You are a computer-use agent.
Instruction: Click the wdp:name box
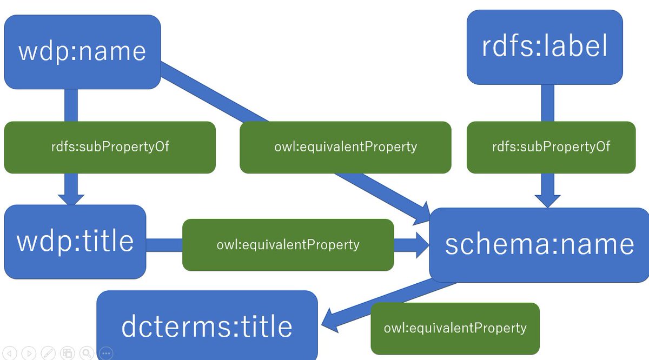(82, 52)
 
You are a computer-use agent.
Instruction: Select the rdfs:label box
(545, 47)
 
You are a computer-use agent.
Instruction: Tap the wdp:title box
(75, 242)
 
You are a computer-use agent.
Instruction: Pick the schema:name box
(539, 244)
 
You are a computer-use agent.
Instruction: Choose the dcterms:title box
(207, 326)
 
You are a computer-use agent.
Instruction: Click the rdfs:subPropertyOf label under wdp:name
(110, 147)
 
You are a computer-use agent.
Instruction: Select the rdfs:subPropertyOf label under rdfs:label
(551, 147)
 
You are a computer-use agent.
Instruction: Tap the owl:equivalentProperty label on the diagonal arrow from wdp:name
(345, 147)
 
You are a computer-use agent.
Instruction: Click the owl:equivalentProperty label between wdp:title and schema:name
(288, 245)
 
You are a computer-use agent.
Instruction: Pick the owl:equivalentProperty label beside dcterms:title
(455, 328)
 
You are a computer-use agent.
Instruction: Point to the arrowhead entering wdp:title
(71, 197)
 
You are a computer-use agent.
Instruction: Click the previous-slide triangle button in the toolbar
(11, 353)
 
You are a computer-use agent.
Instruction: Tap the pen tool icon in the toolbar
(48, 353)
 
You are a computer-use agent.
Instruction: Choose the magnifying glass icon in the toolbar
(86, 353)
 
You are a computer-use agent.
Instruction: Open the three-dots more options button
(105, 353)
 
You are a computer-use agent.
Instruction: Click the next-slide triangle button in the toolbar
(29, 353)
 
